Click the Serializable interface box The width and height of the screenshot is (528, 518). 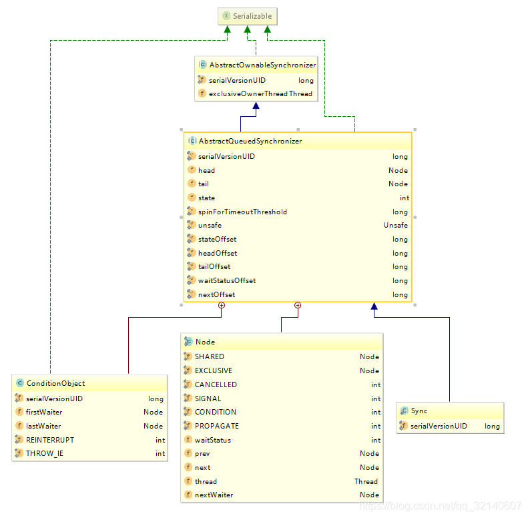pos(247,16)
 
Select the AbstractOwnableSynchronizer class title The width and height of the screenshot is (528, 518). pos(262,65)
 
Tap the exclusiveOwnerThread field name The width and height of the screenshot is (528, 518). pos(248,94)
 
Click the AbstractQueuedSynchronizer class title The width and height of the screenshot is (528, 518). pos(250,142)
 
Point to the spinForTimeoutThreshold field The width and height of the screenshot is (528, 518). pos(242,212)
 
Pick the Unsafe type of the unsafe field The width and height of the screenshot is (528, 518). pos(395,226)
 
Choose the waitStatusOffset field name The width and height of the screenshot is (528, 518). pos(227,281)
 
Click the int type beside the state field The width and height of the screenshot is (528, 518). pos(405,198)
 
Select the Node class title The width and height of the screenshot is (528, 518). pos(205,342)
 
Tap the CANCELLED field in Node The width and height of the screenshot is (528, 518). pos(216,384)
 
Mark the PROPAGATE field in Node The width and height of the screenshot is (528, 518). pos(216,426)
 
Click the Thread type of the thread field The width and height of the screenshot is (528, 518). pos(366,481)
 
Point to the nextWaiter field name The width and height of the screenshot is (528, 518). pos(214,495)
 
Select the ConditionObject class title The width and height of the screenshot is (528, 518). pos(55,384)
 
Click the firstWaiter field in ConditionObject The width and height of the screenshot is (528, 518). pos(43,413)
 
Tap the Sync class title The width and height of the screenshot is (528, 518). pos(419,411)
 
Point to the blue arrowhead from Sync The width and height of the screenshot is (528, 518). pos(374,307)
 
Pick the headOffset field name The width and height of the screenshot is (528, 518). pos(218,254)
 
